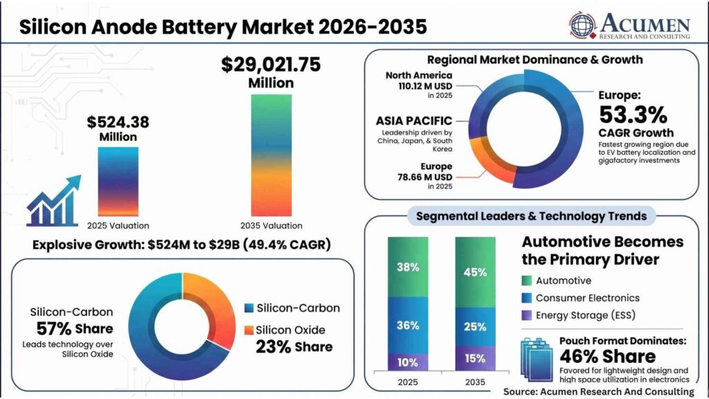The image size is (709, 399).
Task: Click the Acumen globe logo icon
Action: tap(582, 24)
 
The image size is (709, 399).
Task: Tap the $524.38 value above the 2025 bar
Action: tap(118, 122)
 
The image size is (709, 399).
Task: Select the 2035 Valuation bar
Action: tap(271, 155)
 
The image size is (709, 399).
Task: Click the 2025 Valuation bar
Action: tap(118, 181)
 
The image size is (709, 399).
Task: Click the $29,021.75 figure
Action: tap(271, 64)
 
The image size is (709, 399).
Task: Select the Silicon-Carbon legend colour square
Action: tap(249, 308)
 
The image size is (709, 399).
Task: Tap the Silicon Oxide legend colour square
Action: tap(249, 330)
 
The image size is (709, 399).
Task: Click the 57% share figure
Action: tap(54, 328)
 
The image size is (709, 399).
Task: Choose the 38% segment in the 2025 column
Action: tap(408, 267)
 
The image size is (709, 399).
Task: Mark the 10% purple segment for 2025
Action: tap(408, 362)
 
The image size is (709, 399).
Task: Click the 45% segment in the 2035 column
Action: tap(475, 272)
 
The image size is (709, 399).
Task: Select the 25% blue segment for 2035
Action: tap(475, 327)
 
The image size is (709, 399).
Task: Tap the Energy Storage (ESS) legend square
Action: tap(527, 315)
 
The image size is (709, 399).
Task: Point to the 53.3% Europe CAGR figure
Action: tap(633, 114)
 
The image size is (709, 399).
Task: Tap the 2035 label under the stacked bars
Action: tap(475, 382)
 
